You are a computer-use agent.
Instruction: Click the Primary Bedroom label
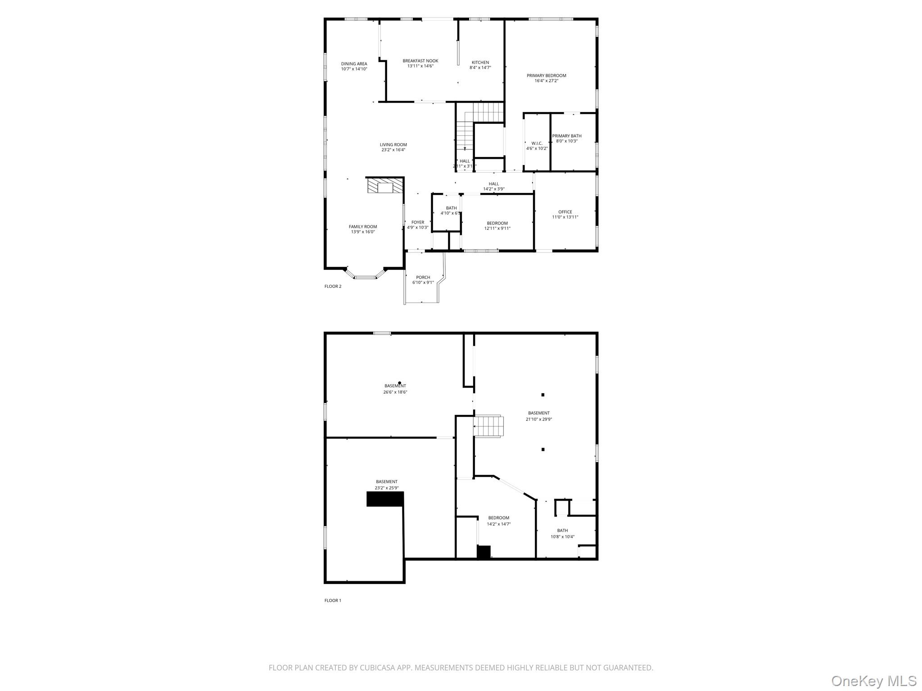coord(546,76)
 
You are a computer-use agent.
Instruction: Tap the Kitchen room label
coord(480,63)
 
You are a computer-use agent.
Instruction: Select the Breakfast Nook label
coord(420,61)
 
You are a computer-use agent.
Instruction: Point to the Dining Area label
coord(354,64)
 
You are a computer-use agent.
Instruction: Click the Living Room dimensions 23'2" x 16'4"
coord(393,150)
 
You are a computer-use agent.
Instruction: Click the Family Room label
coord(363,227)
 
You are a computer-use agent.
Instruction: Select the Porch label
coord(423,278)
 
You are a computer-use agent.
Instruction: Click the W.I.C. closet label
coord(537,144)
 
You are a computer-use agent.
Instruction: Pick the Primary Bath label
coord(566,136)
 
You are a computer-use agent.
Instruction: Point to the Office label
coord(565,212)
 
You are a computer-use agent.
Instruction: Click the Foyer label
coord(417,222)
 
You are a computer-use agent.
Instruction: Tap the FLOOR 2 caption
coord(333,287)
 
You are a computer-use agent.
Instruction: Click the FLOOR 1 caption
coord(333,601)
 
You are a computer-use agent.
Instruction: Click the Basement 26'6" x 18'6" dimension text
coord(395,392)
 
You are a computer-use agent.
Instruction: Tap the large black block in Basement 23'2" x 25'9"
coord(385,499)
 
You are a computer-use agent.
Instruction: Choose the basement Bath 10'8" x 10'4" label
coord(562,530)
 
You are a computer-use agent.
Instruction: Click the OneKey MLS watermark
coord(873,681)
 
